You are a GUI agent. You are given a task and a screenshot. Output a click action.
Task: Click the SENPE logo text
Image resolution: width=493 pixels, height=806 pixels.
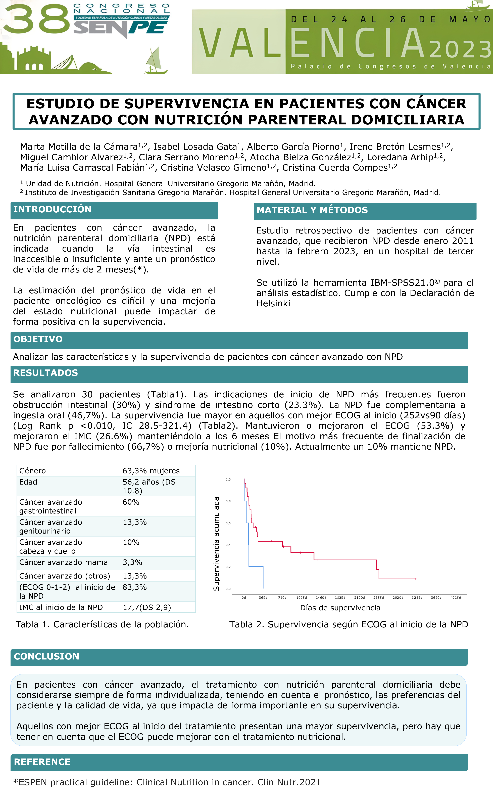click(x=120, y=28)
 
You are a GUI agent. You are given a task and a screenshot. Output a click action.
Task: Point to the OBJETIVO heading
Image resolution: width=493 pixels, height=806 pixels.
click(x=38, y=339)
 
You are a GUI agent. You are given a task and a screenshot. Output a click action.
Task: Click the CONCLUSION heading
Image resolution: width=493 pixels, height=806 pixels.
click(x=46, y=656)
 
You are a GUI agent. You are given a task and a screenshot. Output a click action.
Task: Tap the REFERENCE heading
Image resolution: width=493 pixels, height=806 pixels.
click(x=42, y=762)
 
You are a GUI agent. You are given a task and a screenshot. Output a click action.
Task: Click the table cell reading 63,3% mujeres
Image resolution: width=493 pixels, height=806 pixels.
click(x=151, y=471)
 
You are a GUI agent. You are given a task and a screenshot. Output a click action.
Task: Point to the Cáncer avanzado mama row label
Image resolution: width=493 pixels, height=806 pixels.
click(x=64, y=562)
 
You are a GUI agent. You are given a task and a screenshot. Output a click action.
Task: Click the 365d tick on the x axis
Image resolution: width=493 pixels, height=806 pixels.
click(x=263, y=598)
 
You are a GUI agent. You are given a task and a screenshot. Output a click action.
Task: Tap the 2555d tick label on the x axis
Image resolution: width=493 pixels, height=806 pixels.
click(x=378, y=598)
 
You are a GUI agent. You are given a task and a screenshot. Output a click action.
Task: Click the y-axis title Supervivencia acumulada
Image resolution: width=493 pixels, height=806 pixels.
click(x=216, y=544)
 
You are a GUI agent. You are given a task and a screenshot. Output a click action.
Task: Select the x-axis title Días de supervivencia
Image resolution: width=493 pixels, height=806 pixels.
click(x=340, y=608)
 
